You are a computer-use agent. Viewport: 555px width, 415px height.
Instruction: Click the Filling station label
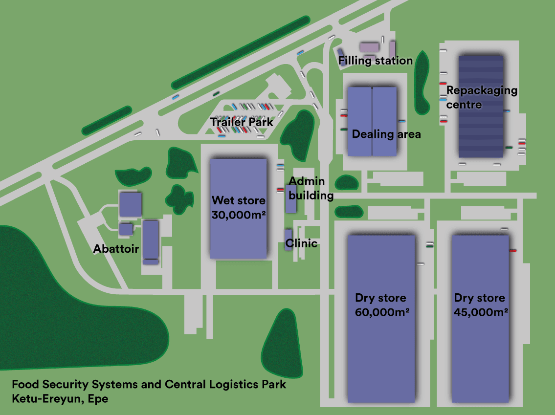coord(375,61)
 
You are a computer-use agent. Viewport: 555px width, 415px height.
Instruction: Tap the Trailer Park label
coord(242,122)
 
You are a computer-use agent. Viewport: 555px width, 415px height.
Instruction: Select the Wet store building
coord(238,209)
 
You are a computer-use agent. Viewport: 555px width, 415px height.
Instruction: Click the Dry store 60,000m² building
coord(381,319)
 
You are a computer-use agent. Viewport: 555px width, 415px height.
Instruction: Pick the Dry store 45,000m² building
coord(480,319)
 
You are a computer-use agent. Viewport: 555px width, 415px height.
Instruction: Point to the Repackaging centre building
coord(481,107)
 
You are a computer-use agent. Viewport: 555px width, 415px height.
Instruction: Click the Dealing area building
coord(372,121)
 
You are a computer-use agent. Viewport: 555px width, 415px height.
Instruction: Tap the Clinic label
coord(301,243)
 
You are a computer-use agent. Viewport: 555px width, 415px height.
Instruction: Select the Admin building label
coord(311,188)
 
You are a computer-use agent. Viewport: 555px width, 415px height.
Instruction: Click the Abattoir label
coord(116,249)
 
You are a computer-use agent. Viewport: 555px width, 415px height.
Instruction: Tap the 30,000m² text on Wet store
coord(239,215)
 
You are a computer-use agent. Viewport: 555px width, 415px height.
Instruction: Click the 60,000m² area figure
coord(382,312)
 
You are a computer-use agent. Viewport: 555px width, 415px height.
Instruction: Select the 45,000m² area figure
coord(481,312)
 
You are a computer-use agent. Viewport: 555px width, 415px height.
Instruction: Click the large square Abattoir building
coord(130,204)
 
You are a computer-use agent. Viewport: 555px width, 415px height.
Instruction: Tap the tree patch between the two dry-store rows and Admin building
coord(349,211)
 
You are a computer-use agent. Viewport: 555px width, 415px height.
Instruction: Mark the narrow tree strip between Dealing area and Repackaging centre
coord(422,83)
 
